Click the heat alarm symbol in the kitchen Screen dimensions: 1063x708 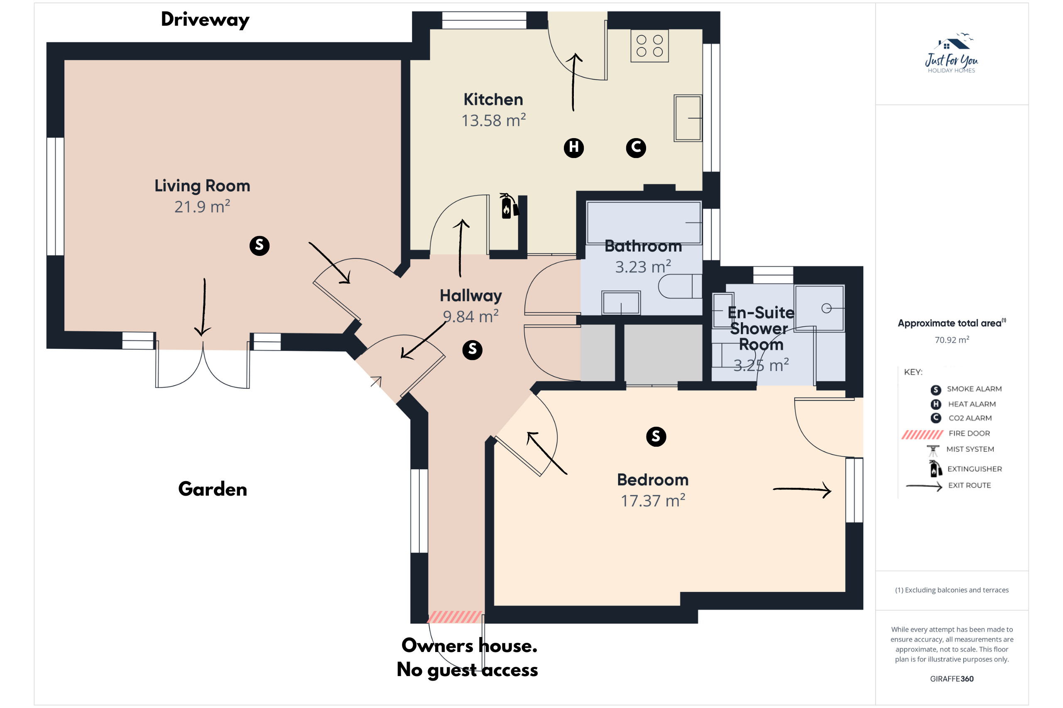[573, 148]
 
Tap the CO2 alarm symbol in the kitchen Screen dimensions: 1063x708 [636, 148]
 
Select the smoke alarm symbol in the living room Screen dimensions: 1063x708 [260, 246]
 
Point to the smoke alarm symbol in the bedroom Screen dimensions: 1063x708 [656, 437]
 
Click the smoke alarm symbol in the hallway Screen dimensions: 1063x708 [472, 350]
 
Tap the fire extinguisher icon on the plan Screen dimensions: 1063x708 [509, 207]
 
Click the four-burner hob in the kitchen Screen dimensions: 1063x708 [649, 46]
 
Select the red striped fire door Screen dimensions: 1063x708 [455, 617]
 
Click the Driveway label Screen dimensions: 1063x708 [205, 20]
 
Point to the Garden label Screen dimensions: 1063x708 [213, 489]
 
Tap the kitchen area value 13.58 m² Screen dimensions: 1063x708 [494, 121]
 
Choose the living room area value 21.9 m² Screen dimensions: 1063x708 [203, 207]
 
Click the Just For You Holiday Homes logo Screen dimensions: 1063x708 [951, 53]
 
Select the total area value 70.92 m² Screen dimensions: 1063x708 [952, 340]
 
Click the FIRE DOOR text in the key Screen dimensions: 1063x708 [969, 433]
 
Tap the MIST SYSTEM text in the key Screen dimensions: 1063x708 [970, 449]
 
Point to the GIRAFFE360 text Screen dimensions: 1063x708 [952, 679]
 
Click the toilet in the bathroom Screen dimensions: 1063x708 [680, 286]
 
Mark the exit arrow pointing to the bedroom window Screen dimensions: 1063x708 [802, 489]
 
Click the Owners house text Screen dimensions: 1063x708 [470, 646]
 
